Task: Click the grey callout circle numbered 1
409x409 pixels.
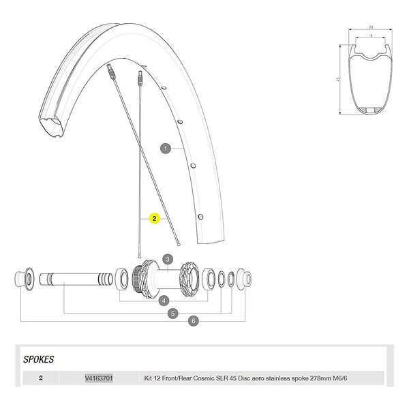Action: tap(164, 147)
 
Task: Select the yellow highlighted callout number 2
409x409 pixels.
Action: tap(155, 219)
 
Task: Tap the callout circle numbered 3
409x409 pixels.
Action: tap(166, 259)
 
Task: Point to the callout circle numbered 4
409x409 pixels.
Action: tap(164, 300)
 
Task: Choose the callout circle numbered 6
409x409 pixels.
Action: tap(194, 320)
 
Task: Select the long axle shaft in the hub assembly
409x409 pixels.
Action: tap(75, 279)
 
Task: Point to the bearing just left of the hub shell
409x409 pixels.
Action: tap(124, 278)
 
